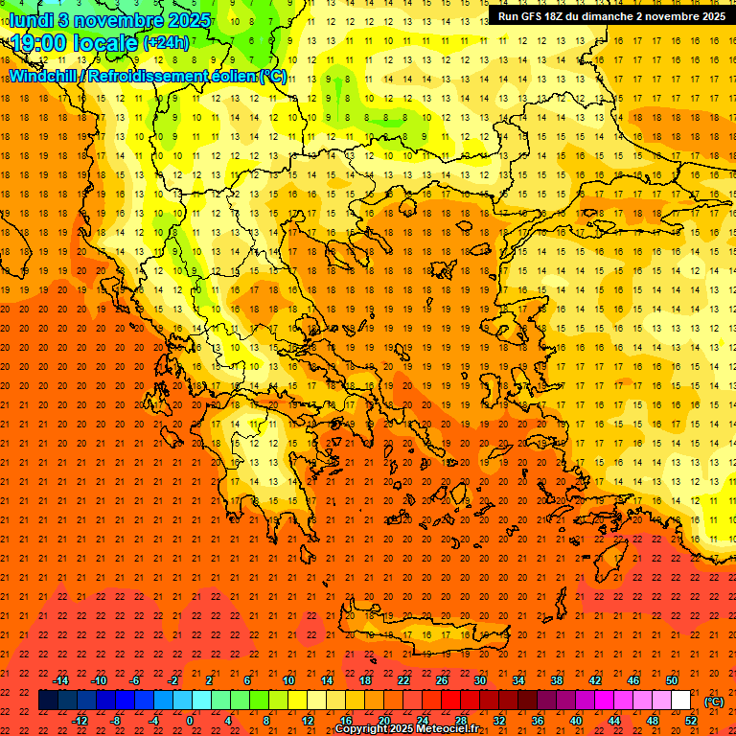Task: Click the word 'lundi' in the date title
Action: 32,19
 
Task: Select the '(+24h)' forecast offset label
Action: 166,43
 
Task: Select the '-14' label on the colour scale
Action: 61,680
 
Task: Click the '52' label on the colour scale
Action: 690,721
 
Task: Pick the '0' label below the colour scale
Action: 190,721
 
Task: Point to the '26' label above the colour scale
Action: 441,680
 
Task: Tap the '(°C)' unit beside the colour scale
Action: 714,701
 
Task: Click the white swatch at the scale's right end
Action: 680,701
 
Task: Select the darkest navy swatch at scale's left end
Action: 48,701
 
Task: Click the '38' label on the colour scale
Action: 556,680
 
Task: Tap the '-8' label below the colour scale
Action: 117,721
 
